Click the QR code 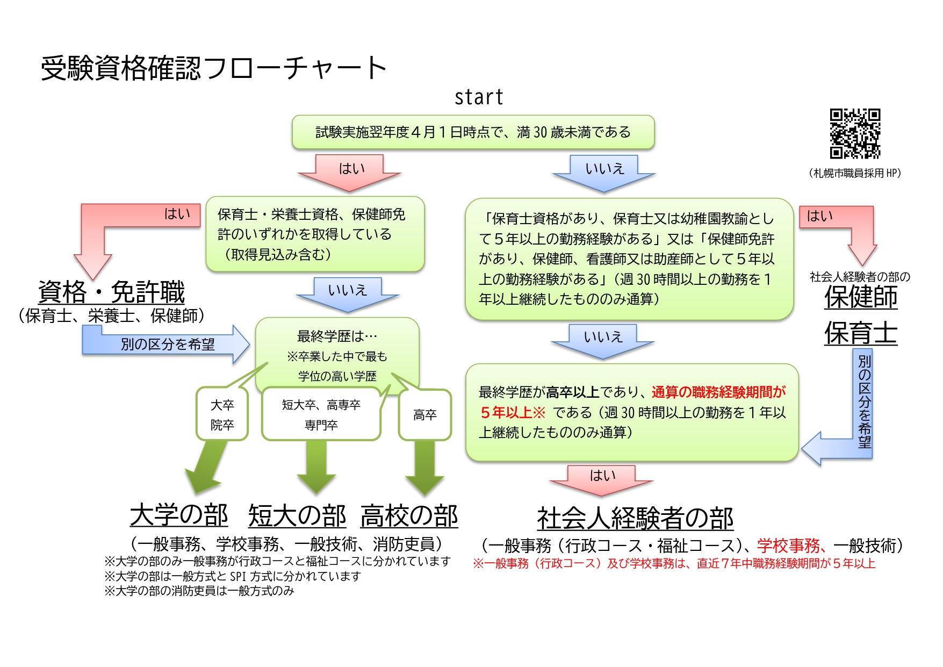point(855,134)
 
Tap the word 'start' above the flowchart point(479,97)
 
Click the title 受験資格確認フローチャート point(214,68)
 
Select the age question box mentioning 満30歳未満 point(473,132)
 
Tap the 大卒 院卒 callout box point(222,414)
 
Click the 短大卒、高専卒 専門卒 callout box point(321,415)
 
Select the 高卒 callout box point(424,415)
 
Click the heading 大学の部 point(179,515)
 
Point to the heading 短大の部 point(297,516)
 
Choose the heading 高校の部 point(409,516)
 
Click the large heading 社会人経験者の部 point(635,519)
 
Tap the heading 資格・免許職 point(111,292)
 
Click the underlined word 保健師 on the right point(861,297)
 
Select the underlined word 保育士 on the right point(861,333)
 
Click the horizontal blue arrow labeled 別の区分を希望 point(167,344)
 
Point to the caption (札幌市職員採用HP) point(854,173)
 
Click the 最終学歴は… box point(337,355)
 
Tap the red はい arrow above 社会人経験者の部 point(602,479)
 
